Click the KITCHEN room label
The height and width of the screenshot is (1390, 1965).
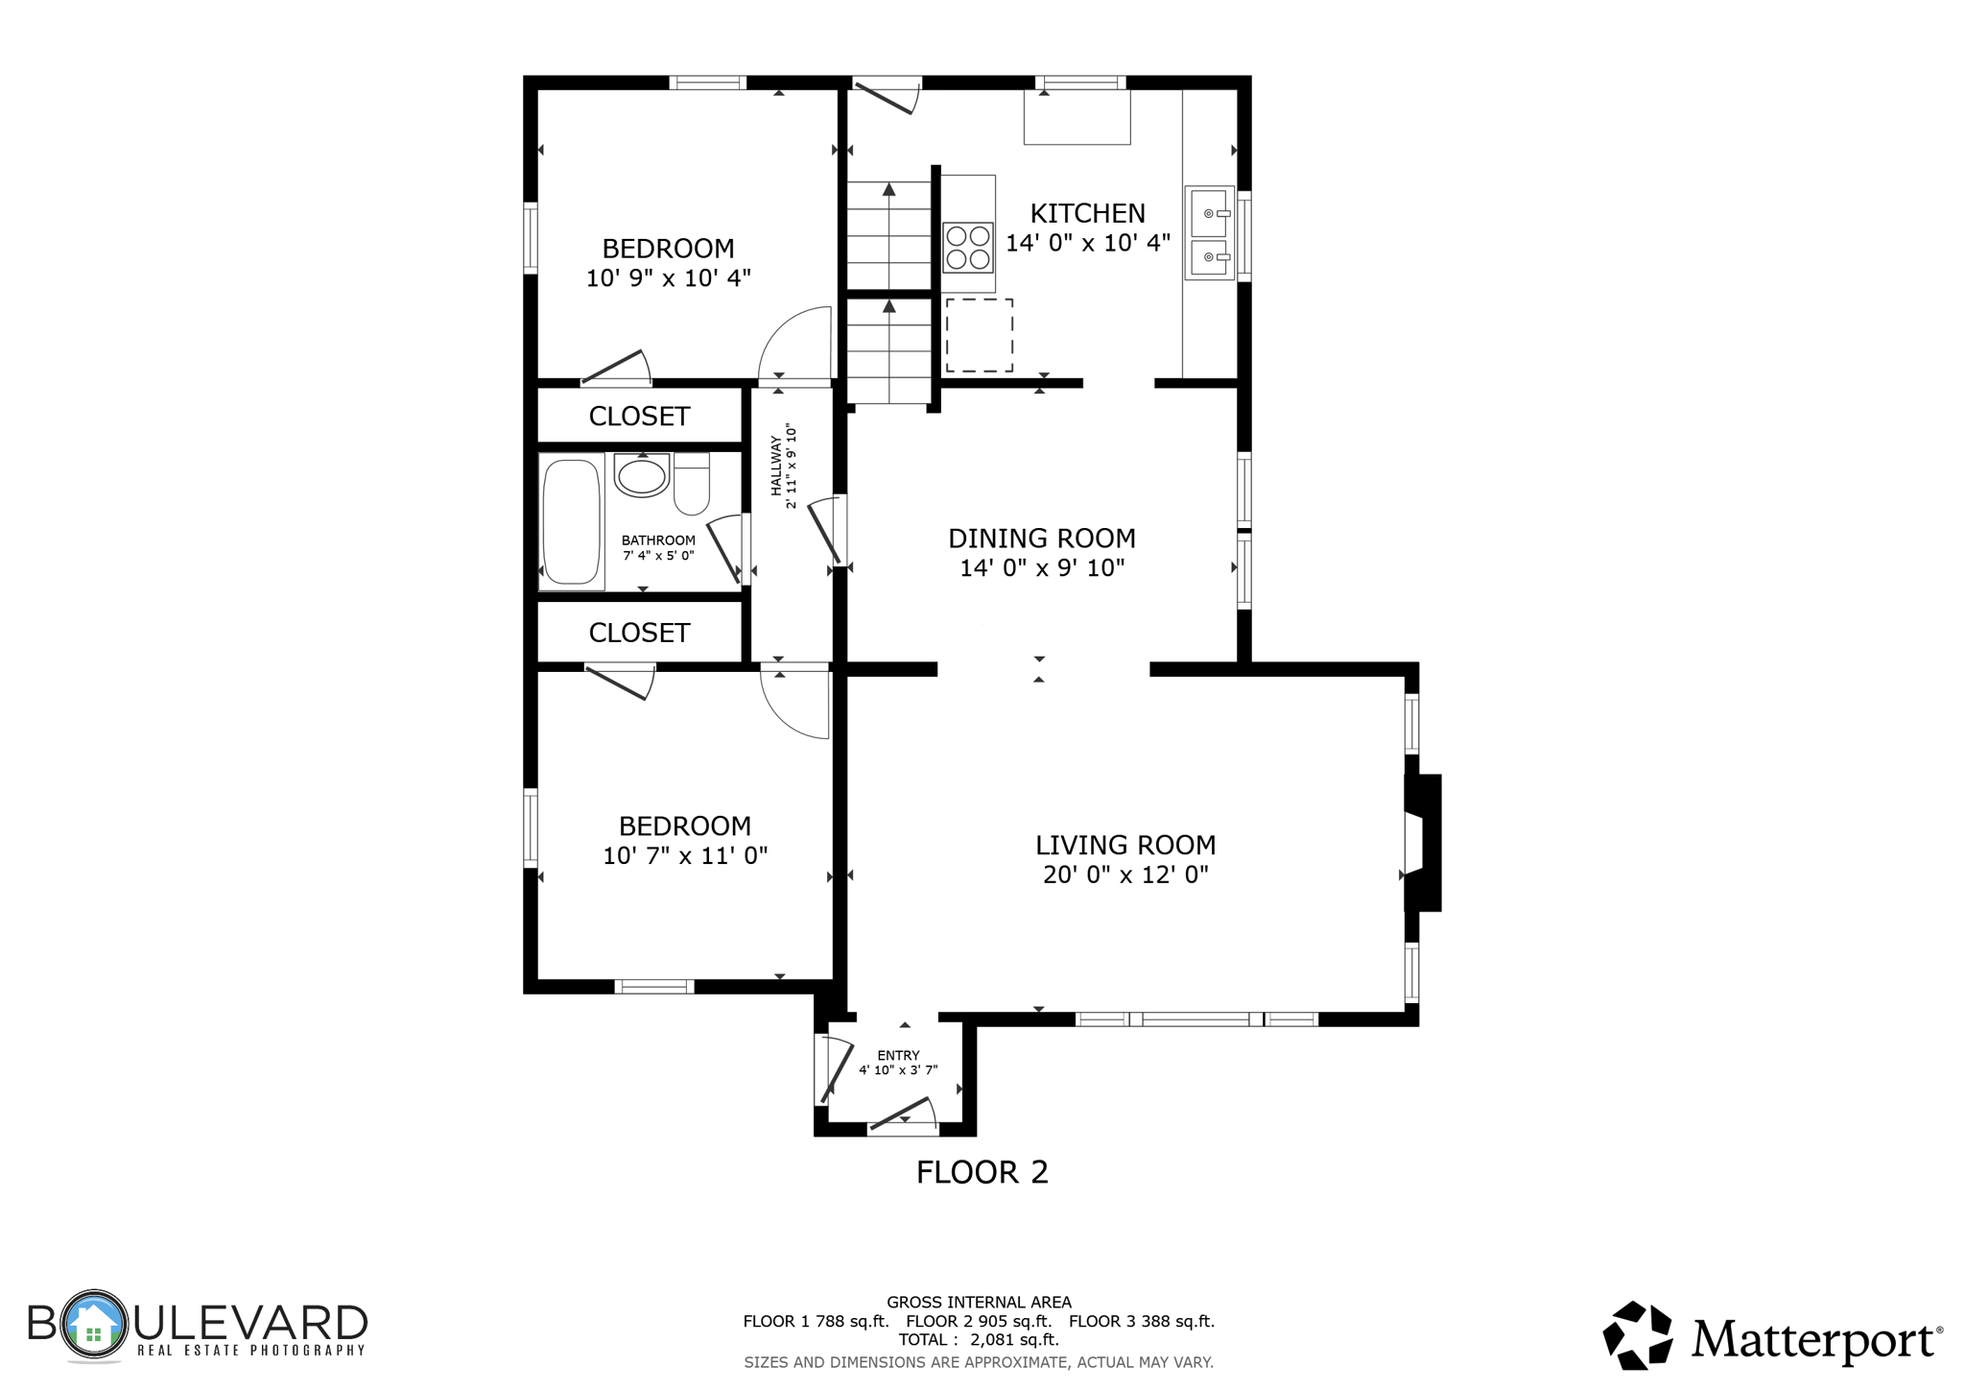pyautogui.click(x=1087, y=213)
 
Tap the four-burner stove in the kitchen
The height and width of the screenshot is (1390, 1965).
pyautogui.click(x=967, y=247)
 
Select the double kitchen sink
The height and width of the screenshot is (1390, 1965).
pyautogui.click(x=1209, y=233)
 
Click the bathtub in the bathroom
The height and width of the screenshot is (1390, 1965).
pyautogui.click(x=571, y=521)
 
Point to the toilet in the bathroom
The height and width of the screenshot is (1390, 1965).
pyautogui.click(x=692, y=484)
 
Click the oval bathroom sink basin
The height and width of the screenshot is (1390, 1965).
pyautogui.click(x=641, y=476)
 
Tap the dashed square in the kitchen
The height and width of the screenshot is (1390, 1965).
pyautogui.click(x=980, y=335)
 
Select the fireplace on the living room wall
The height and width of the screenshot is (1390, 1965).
pyautogui.click(x=1422, y=843)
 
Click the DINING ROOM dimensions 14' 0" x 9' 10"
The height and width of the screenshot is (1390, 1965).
pyautogui.click(x=1042, y=568)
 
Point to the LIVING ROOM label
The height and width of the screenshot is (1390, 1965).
pyautogui.click(x=1125, y=845)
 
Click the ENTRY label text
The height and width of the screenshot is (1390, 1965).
pyautogui.click(x=898, y=1055)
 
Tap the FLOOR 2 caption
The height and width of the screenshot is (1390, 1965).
pyautogui.click(x=982, y=1172)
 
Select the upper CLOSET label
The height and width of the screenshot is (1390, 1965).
pyautogui.click(x=639, y=416)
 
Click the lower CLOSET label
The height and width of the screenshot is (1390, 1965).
pyautogui.click(x=639, y=633)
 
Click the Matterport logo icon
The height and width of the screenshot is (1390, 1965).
pyautogui.click(x=1638, y=1335)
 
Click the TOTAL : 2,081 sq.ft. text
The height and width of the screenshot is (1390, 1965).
pyautogui.click(x=979, y=1339)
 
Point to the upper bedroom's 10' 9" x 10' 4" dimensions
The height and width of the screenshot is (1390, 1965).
pyautogui.click(x=668, y=278)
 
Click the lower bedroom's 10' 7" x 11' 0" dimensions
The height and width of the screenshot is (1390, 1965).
pyautogui.click(x=685, y=855)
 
